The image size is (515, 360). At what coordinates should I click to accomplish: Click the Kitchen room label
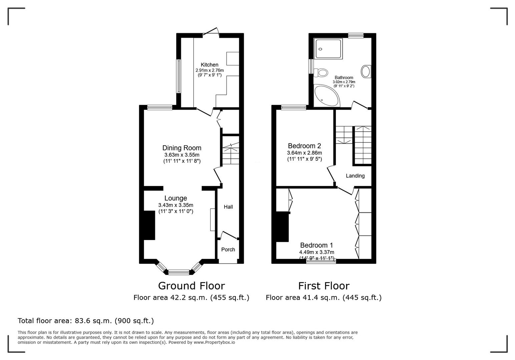coord(209,65)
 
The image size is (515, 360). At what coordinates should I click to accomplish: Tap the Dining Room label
coord(182,148)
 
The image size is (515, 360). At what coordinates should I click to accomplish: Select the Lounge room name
coord(175,198)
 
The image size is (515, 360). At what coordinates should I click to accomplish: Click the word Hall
coord(228,207)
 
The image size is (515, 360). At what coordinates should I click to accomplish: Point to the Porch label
coord(228,249)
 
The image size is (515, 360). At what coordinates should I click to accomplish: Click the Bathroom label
coord(344,77)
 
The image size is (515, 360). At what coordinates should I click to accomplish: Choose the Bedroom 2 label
coord(304,146)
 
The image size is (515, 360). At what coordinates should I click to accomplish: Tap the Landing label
coord(355,176)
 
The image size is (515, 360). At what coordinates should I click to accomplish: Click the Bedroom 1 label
coord(316,245)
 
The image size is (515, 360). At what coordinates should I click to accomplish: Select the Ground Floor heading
coord(191,286)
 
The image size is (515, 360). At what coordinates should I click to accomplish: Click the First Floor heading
coord(324,286)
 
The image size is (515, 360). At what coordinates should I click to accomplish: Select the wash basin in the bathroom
coord(366,71)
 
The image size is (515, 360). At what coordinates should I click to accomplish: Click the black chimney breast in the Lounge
coord(149,225)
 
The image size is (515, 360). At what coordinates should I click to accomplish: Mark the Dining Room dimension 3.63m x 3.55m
coord(182,155)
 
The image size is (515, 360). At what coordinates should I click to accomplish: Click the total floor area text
coord(86,321)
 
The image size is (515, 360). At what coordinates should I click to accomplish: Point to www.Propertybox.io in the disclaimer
coord(214,342)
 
